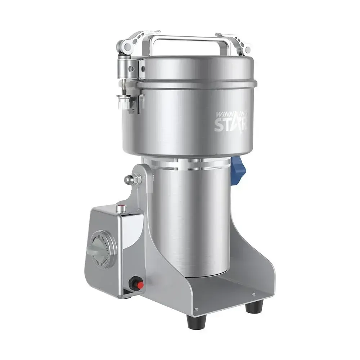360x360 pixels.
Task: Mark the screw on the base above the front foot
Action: pyautogui.click(x=196, y=309)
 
